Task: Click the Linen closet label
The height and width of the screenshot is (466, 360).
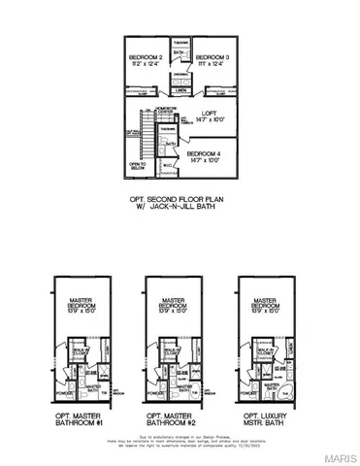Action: coord(181,92)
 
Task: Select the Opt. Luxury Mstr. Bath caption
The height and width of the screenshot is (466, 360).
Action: coord(259,407)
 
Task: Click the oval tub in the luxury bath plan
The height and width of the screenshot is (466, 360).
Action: coord(280,378)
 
